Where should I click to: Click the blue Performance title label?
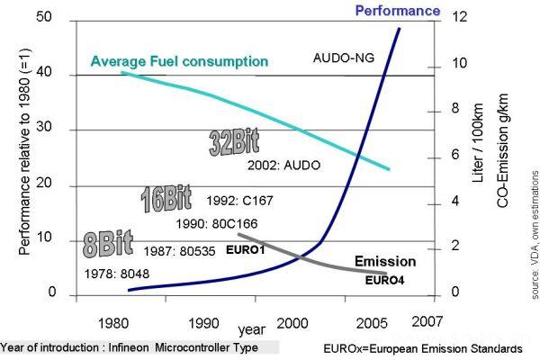click(398, 11)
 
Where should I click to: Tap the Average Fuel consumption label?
click(180, 61)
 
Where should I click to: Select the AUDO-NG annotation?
click(349, 58)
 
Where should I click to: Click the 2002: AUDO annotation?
click(284, 166)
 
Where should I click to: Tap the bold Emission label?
click(384, 262)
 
